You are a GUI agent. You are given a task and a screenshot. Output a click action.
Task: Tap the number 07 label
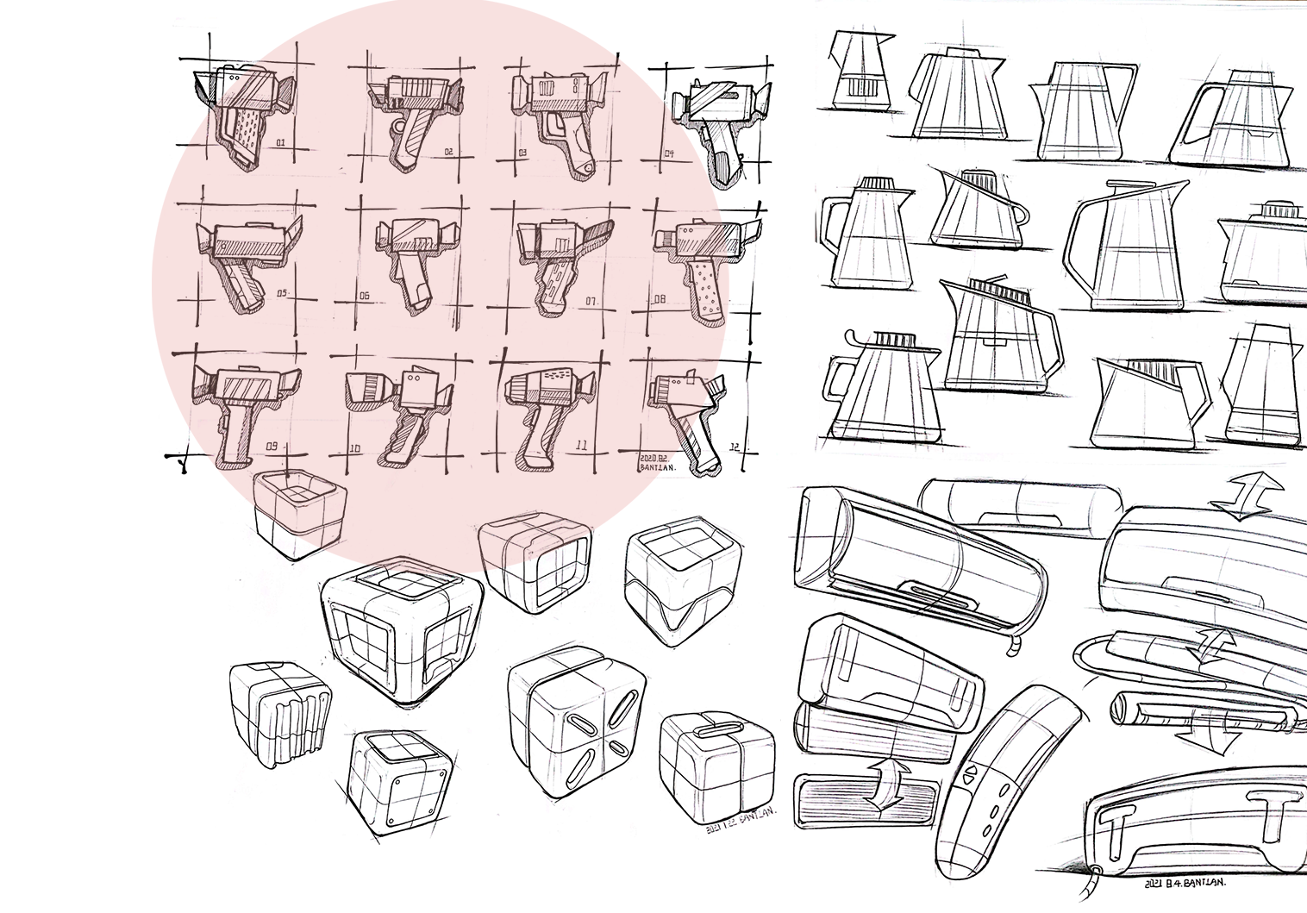click(591, 301)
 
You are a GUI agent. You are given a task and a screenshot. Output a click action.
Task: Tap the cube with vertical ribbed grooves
click(280, 715)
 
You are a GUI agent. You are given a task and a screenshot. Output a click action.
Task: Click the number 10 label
click(354, 447)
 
